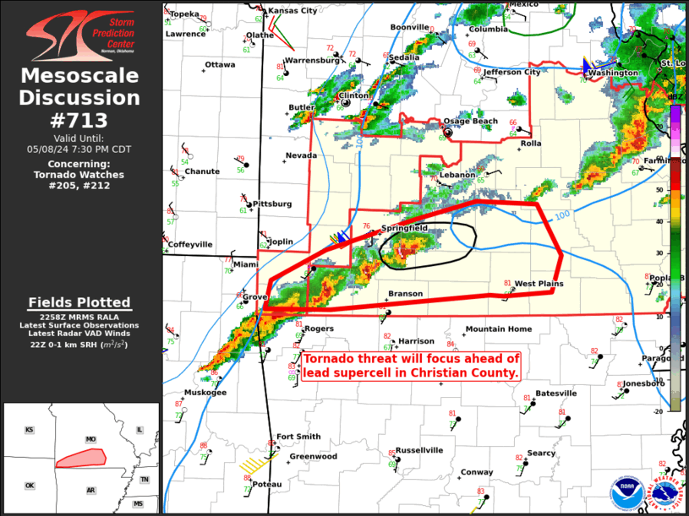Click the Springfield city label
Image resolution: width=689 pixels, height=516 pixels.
404,228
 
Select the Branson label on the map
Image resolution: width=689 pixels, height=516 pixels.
405,294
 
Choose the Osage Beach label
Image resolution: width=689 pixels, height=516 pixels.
471,121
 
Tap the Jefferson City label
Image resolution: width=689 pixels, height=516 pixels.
512,73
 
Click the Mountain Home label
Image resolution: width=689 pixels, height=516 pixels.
499,329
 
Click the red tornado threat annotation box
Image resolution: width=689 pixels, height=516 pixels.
412,365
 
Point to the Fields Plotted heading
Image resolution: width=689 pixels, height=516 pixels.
79,302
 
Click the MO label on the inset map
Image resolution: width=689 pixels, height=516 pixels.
90,439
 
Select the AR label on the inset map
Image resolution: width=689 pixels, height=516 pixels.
90,490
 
